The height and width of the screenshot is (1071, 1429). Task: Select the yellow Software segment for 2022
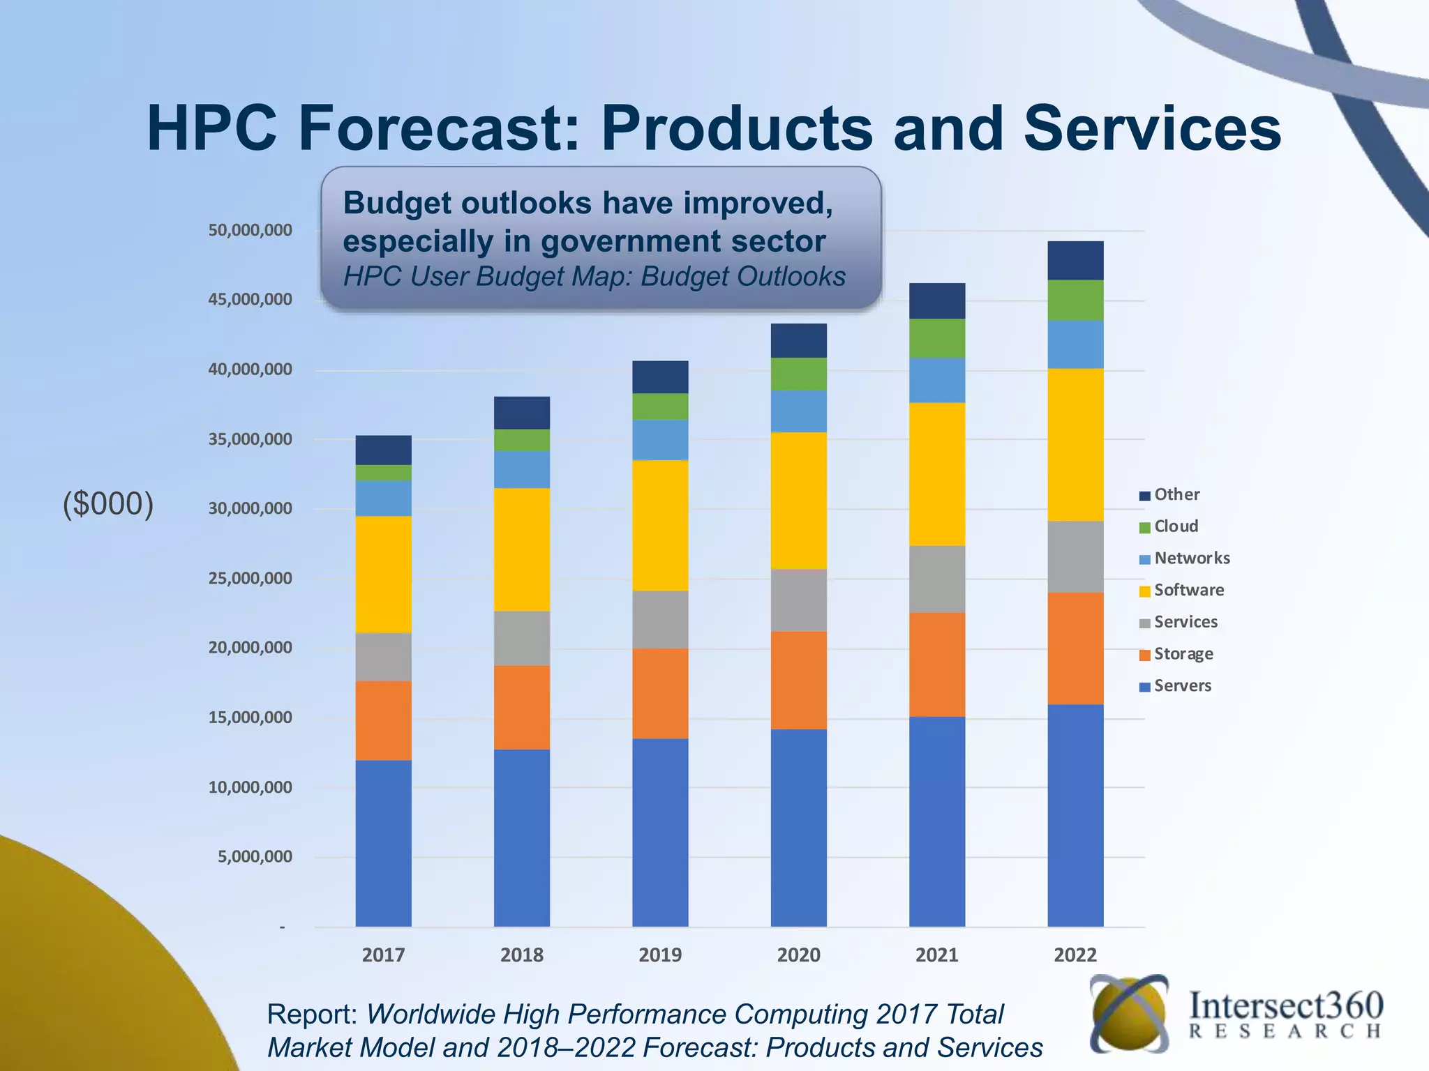click(x=1075, y=444)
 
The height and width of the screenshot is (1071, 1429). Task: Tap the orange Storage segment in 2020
click(x=798, y=680)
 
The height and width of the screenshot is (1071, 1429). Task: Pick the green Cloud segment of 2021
click(x=936, y=338)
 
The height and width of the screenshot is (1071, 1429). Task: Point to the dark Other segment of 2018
click(x=521, y=412)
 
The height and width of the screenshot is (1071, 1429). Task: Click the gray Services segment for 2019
click(x=660, y=619)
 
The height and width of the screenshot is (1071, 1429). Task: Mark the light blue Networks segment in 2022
click(x=1075, y=344)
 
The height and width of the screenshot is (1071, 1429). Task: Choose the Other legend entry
click(x=1176, y=494)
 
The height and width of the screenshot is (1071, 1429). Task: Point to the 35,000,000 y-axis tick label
click(x=250, y=439)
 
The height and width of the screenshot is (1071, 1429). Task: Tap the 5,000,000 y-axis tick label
click(x=255, y=857)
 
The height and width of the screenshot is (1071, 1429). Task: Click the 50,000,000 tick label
click(x=250, y=230)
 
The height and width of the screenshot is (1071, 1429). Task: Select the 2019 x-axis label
click(x=660, y=955)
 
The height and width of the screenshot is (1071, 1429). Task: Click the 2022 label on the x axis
click(x=1075, y=955)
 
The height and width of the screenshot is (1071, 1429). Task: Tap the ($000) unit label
click(x=108, y=503)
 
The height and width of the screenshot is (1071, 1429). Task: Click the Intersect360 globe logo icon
click(x=1128, y=1013)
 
